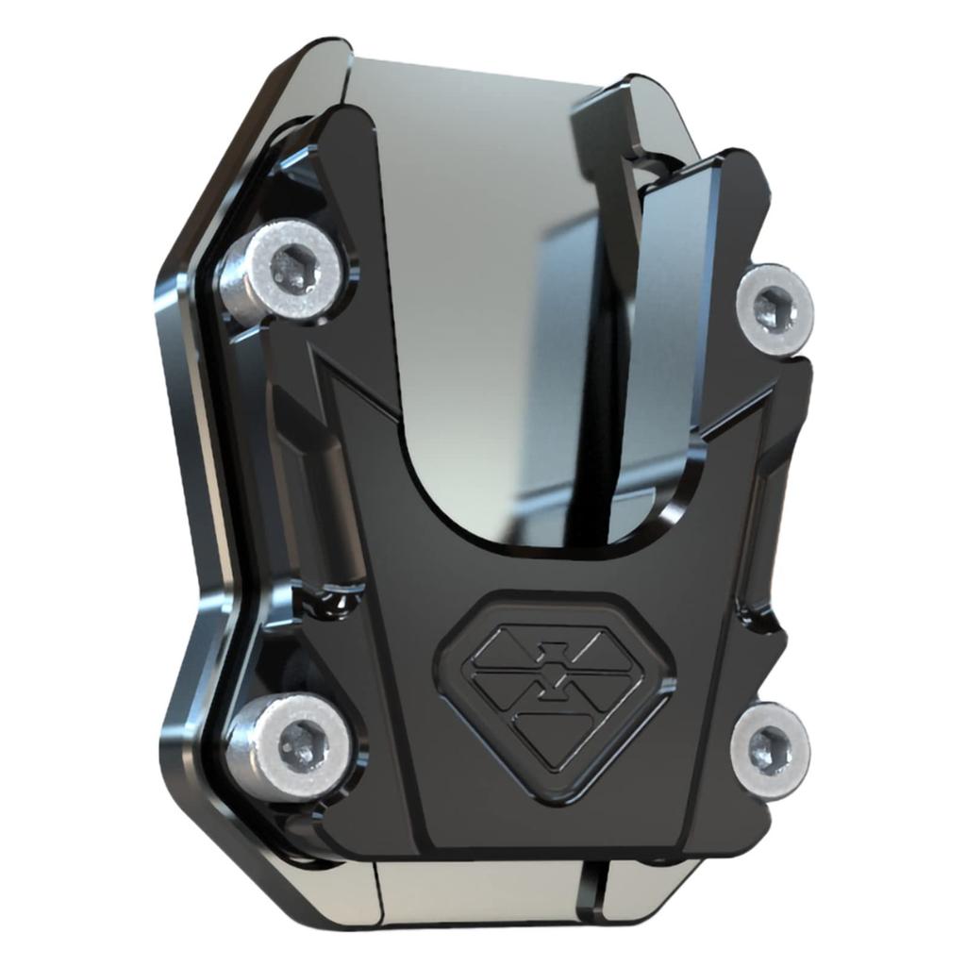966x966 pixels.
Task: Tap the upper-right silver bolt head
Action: pyautogui.click(x=775, y=308)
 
